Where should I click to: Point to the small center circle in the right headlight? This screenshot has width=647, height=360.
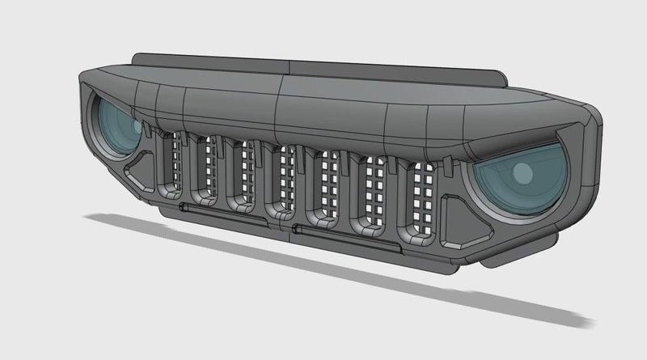tap(522, 172)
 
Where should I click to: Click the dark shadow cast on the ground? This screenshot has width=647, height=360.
tap(323, 267)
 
